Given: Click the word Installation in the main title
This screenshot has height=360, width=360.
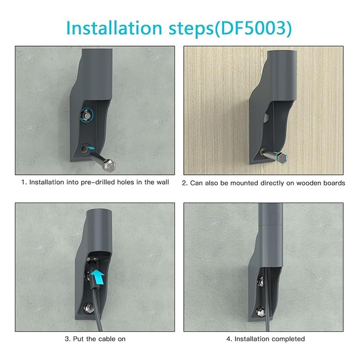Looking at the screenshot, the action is [x=114, y=28].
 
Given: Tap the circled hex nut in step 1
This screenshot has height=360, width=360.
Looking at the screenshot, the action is [x=86, y=115].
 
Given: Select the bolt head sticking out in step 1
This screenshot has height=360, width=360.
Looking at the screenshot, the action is [x=110, y=165].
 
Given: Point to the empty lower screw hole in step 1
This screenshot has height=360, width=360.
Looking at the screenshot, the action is [x=84, y=149].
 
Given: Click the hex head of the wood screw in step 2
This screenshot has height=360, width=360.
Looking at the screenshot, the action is [x=281, y=158].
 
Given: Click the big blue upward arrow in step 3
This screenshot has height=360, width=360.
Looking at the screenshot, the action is [x=97, y=277].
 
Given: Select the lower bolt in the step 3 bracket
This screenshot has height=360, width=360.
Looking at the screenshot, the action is [x=88, y=306].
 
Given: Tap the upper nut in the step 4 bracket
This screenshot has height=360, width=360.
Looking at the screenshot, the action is [x=261, y=280].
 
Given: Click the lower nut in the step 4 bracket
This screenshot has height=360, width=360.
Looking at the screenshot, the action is [x=260, y=311].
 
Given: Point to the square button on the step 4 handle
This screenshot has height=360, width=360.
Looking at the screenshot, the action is [x=274, y=218].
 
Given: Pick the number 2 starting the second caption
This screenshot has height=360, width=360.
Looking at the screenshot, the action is [x=184, y=183].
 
